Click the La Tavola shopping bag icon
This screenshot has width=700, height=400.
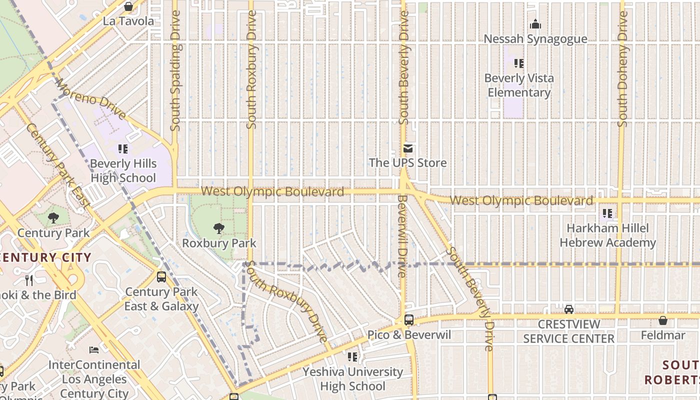tap(128, 6)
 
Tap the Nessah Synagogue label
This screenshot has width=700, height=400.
tap(535, 39)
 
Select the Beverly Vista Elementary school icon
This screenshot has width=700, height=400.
tap(519, 63)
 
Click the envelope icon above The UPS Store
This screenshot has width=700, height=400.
tap(408, 148)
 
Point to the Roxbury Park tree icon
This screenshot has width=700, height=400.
tap(218, 228)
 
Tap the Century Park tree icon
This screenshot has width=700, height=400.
tap(53, 218)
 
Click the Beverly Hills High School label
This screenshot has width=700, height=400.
tap(123, 171)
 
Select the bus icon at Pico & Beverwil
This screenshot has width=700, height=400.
tap(409, 319)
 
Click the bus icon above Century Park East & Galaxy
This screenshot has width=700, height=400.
tap(161, 277)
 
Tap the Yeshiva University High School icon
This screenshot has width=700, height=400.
tap(352, 357)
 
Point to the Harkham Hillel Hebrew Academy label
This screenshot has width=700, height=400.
tap(607, 235)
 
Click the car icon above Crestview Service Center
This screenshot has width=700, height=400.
tap(568, 309)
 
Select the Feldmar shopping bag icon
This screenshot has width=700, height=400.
tap(663, 320)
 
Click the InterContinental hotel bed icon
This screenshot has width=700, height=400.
tap(94, 349)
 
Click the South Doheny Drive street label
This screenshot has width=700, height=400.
tap(622, 69)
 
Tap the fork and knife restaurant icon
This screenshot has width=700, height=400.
tap(29, 280)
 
